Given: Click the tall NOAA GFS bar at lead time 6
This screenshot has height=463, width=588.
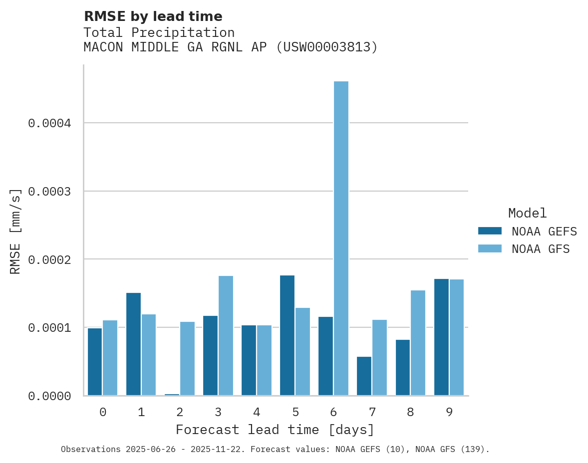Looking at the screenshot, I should click(x=341, y=238).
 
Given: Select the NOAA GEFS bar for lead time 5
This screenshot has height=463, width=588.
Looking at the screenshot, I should click(x=287, y=335).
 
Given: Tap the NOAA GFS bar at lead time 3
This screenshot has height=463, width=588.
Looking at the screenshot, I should click(x=226, y=335).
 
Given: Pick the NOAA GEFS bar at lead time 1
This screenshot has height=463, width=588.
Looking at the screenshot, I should click(x=133, y=344).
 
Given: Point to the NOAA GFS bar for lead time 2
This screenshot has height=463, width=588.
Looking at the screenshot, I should click(x=187, y=358).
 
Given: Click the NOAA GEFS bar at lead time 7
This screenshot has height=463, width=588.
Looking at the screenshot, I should click(x=364, y=376).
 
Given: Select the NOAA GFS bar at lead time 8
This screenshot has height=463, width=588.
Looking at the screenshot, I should click(x=418, y=343).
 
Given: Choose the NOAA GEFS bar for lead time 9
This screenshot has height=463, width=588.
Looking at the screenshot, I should click(x=441, y=337).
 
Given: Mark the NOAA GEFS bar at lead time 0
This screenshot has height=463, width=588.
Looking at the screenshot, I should click(x=95, y=361).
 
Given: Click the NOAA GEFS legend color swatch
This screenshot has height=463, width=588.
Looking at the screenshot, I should click(x=489, y=231).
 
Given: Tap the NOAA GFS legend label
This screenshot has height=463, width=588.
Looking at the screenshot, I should click(x=541, y=248).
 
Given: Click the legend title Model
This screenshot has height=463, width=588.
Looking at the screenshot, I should click(x=527, y=213).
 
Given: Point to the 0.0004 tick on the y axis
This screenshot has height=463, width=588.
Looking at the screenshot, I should click(x=49, y=123).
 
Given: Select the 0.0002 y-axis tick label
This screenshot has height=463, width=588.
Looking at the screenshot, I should click(x=49, y=259).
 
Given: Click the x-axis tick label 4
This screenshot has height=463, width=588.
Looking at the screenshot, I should click(x=257, y=412).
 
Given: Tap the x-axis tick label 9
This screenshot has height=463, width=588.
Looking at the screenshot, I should click(x=449, y=412).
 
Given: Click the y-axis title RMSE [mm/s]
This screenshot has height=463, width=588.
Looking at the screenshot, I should click(x=15, y=231).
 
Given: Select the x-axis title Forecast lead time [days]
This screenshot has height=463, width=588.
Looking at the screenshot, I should click(x=275, y=430).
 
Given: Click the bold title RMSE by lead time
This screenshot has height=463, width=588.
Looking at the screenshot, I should click(x=153, y=16).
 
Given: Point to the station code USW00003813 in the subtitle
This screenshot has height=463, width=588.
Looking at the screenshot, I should click(x=326, y=47).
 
